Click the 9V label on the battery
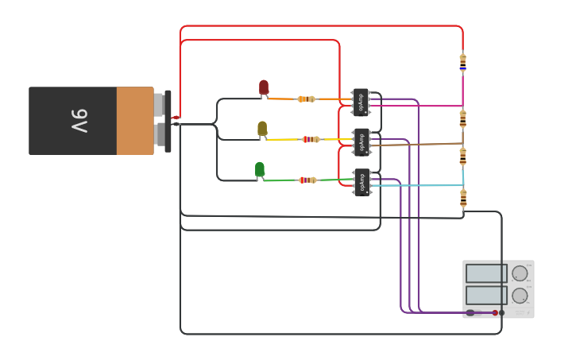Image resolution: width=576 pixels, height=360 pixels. pos(79,121)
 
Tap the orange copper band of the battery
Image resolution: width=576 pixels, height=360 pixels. pos(134,121)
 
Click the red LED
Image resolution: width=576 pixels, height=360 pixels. pos(264,87)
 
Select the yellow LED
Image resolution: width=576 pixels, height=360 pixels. pos(262,129)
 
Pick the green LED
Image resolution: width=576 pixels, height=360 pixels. pos(260,169)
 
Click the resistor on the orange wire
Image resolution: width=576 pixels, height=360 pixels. pos(306,99)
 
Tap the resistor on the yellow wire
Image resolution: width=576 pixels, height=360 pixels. pos(311,139)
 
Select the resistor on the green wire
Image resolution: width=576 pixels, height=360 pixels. pos(307,180)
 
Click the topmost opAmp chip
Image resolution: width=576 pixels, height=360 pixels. pos(361,102)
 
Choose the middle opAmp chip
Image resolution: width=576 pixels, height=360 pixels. pos(361,142)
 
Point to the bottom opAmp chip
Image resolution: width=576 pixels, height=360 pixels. pos(361,183)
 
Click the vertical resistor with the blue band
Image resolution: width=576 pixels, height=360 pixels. pos(463,62)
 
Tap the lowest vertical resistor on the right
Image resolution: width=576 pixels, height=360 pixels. pos(463,198)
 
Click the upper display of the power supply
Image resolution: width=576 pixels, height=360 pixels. pos(485,273)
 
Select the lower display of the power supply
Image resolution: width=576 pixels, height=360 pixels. pos(485,296)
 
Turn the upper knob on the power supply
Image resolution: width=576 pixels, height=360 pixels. pos(520,273)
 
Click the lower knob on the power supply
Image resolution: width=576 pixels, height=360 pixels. pos(520,296)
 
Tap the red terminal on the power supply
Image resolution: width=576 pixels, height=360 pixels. pos(495,313)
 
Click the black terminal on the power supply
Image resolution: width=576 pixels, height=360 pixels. pos(501,313)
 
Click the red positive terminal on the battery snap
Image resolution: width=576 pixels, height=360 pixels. pos(176,118)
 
